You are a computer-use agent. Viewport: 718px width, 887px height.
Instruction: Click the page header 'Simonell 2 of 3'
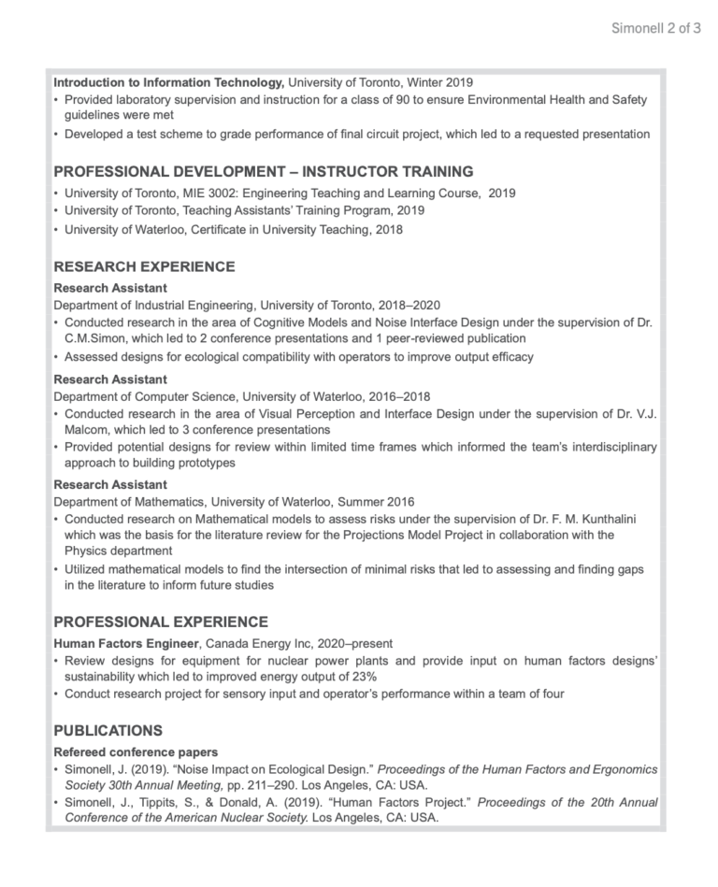(655, 28)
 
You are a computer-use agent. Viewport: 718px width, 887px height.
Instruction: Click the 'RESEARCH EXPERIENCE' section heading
(144, 266)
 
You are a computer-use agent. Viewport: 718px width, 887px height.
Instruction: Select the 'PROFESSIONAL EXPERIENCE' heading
(161, 622)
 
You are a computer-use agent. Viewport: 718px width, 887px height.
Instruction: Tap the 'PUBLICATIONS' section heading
(108, 730)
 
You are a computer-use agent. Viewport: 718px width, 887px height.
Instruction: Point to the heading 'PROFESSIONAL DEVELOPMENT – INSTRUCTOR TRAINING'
(263, 171)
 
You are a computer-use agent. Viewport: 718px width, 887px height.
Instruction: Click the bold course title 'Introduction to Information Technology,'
(169, 82)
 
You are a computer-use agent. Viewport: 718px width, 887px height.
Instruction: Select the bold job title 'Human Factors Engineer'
(126, 644)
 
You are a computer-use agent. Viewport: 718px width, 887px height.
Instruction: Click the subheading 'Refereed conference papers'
(136, 751)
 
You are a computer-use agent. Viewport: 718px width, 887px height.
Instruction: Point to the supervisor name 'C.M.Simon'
(95, 338)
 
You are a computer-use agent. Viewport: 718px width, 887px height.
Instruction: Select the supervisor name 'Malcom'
(89, 429)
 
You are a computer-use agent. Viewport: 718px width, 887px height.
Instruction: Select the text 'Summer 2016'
(378, 502)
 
